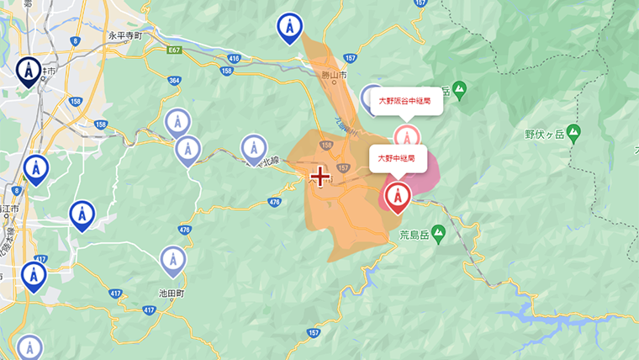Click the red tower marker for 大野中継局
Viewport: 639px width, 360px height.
pos(395,196)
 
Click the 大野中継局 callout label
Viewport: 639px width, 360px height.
pos(396,157)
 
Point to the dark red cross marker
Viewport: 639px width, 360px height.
pos(319,177)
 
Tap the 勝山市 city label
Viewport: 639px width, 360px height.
pos(334,75)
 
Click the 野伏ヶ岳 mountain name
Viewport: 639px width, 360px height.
pos(541,134)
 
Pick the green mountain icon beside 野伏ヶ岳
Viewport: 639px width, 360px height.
pos(573,132)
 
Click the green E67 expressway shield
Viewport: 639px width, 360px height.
pos(174,50)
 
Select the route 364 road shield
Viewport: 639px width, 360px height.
pos(174,81)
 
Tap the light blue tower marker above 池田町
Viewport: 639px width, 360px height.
pos(172,261)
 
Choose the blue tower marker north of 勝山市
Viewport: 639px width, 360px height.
pos(290,28)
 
